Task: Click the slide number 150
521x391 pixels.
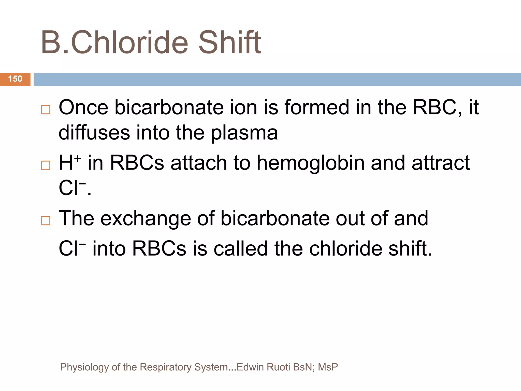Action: click(15, 79)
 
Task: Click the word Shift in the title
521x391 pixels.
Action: click(229, 43)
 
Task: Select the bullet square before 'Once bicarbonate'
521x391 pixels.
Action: click(46, 110)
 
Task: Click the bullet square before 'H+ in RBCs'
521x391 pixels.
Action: click(46, 165)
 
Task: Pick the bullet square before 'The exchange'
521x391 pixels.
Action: click(46, 220)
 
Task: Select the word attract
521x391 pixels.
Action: click(440, 163)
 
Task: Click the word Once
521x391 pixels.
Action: click(83, 108)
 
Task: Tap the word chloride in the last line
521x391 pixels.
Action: click(346, 249)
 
